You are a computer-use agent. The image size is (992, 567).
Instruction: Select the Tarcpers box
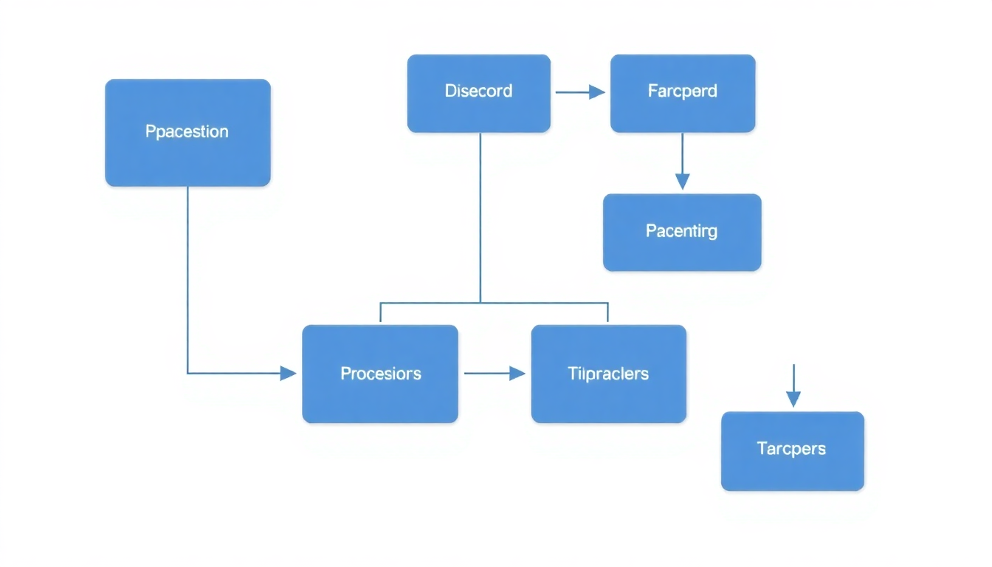click(x=792, y=470)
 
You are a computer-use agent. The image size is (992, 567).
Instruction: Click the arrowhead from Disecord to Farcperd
click(x=597, y=92)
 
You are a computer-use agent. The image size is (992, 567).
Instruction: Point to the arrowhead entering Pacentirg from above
click(x=682, y=181)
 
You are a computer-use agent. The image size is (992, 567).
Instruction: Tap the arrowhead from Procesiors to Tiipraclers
click(x=517, y=374)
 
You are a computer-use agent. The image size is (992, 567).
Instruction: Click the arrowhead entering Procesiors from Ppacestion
click(x=289, y=374)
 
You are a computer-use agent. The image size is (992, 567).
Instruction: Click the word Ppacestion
click(x=187, y=132)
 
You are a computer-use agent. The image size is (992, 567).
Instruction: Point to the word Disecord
click(x=478, y=92)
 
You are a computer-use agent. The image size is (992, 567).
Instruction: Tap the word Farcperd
click(x=682, y=92)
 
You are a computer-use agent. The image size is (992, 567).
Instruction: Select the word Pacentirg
click(x=681, y=231)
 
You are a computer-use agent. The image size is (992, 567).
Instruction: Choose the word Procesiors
click(x=380, y=374)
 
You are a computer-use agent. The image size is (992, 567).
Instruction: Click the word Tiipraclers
click(x=608, y=374)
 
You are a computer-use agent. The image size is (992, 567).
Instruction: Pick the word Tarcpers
click(x=791, y=448)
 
